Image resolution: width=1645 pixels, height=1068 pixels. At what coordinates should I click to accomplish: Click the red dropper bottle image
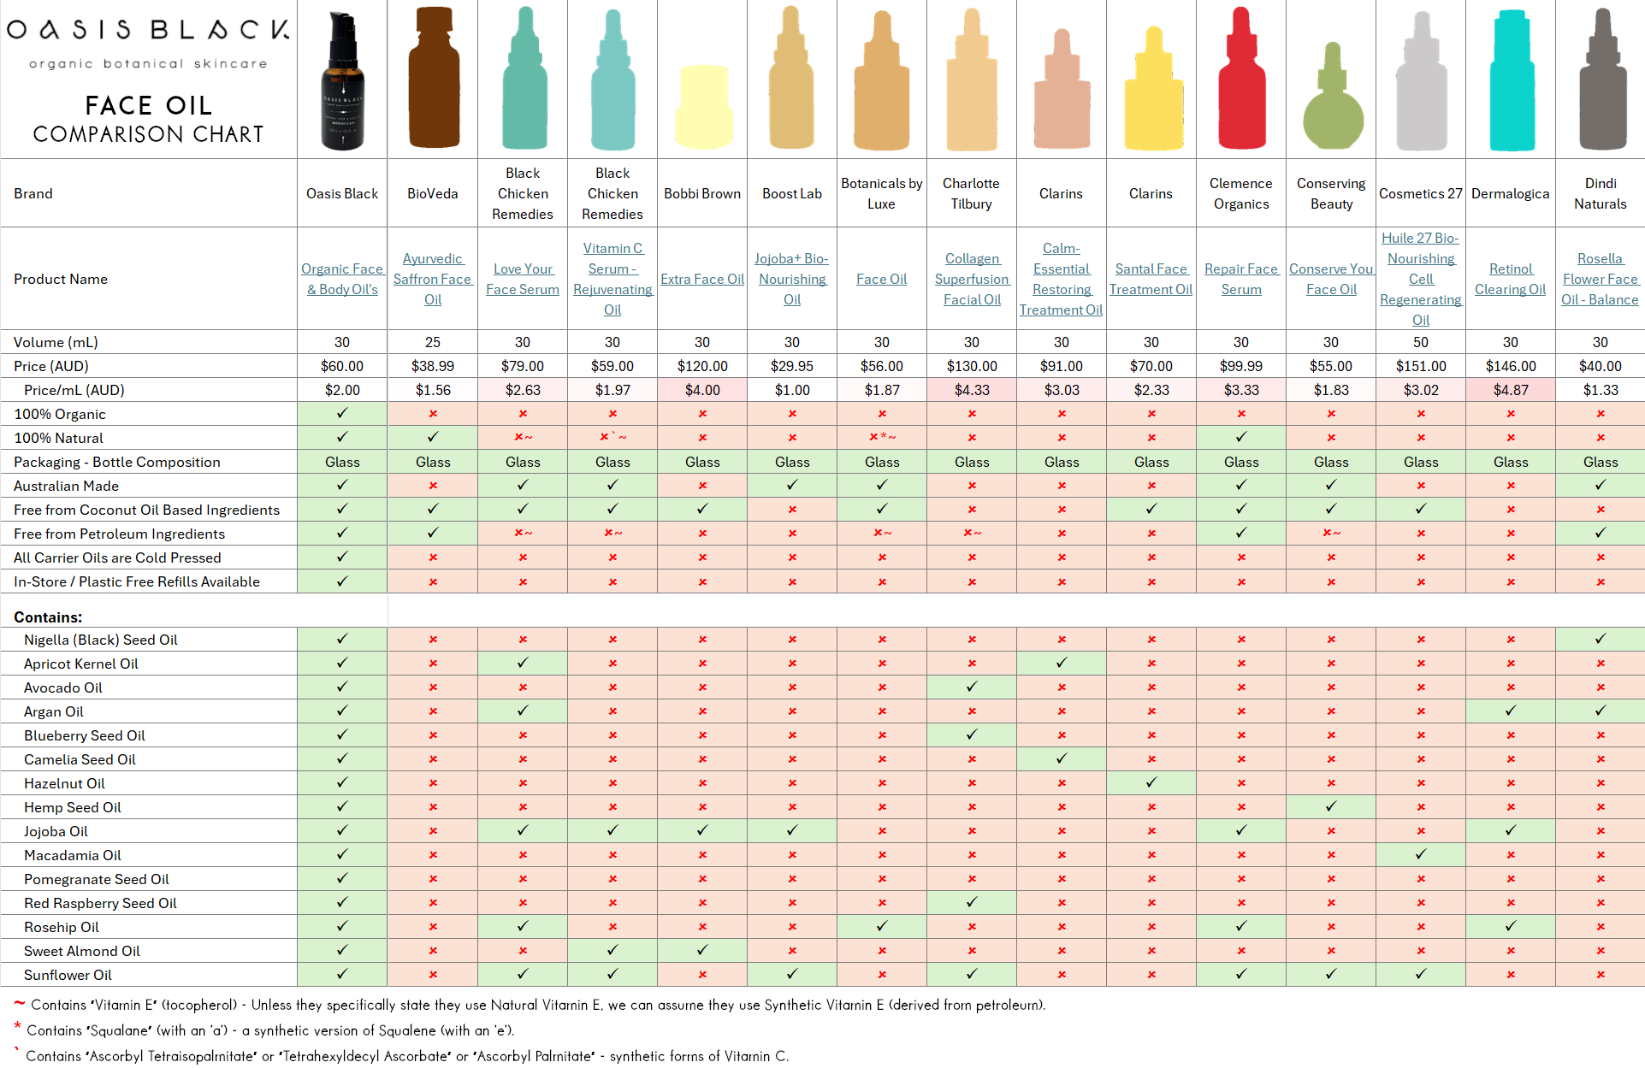pos(1241,81)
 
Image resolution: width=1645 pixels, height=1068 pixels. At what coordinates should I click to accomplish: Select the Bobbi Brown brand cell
pos(702,194)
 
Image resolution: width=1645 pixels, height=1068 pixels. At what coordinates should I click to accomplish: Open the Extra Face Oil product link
pos(702,280)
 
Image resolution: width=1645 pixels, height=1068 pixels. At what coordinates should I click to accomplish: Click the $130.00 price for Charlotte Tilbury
pos(972,366)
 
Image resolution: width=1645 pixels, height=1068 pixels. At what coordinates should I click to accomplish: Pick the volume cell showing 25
pos(433,342)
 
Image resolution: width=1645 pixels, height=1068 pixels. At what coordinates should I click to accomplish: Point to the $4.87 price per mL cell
pos(1511,390)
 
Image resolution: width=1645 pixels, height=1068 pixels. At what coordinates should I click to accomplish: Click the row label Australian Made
pos(66,486)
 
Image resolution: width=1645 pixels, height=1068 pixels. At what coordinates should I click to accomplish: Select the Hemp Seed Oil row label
pos(73,807)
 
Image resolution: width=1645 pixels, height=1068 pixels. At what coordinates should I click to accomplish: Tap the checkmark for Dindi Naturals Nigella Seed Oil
pos(1601,639)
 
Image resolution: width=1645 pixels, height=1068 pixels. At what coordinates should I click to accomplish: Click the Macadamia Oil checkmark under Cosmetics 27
pos(1421,854)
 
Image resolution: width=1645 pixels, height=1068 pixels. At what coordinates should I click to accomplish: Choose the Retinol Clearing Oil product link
pos(1511,280)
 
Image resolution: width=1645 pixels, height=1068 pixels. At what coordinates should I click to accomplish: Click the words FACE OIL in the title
pos(148,105)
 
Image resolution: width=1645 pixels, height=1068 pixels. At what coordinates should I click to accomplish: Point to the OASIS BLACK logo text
pos(148,30)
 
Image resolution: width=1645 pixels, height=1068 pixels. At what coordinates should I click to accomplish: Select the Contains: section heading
pos(48,617)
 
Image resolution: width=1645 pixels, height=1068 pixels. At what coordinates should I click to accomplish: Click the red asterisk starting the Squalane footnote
pos(17,1026)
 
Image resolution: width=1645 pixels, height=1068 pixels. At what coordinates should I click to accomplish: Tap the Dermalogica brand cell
pos(1511,194)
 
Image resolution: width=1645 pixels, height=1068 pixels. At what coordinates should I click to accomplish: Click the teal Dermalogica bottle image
pos(1511,81)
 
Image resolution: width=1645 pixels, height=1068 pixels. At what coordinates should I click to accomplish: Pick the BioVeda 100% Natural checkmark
pos(433,437)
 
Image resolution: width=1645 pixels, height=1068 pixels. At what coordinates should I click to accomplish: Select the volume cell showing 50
pos(1421,342)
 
